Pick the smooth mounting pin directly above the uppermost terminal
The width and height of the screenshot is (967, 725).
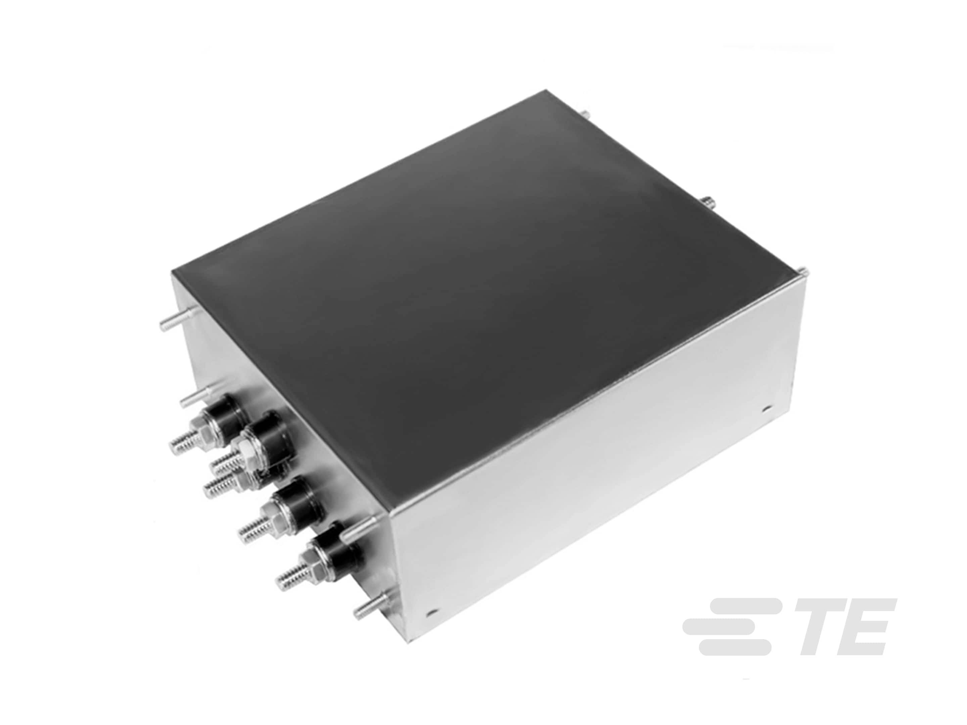(x=194, y=398)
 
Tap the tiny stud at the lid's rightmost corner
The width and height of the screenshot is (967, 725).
(x=803, y=272)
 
